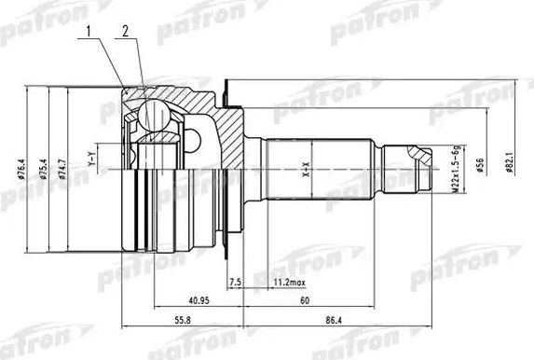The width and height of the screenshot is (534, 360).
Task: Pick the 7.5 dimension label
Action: coord(235,281)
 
